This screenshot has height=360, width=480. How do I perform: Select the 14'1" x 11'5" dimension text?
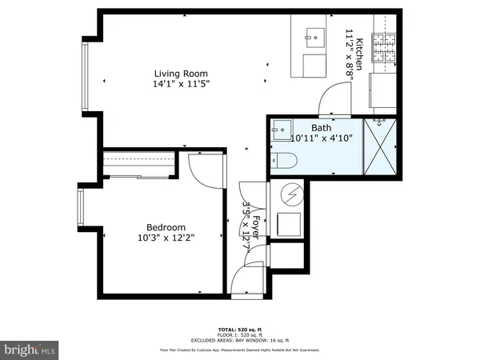pyautogui.click(x=177, y=82)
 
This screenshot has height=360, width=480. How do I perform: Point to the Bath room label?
pyautogui.click(x=321, y=127)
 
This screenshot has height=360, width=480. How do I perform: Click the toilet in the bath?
pyautogui.click(x=282, y=160)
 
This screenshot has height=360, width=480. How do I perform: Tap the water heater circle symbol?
pyautogui.click(x=291, y=194)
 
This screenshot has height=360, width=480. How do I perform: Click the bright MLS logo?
pyautogui.click(x=29, y=350)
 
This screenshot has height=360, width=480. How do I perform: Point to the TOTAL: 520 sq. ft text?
pyautogui.click(x=239, y=329)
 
